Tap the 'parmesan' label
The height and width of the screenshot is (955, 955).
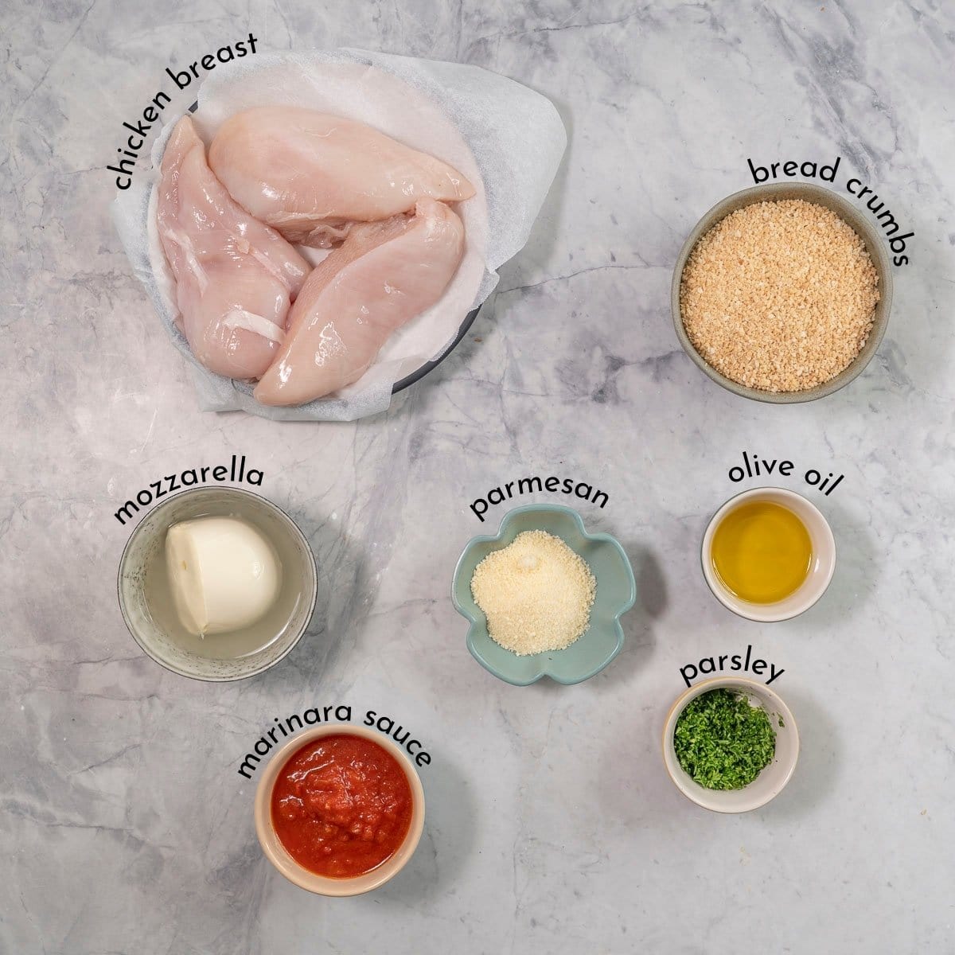539,499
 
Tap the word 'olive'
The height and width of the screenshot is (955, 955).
760,474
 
